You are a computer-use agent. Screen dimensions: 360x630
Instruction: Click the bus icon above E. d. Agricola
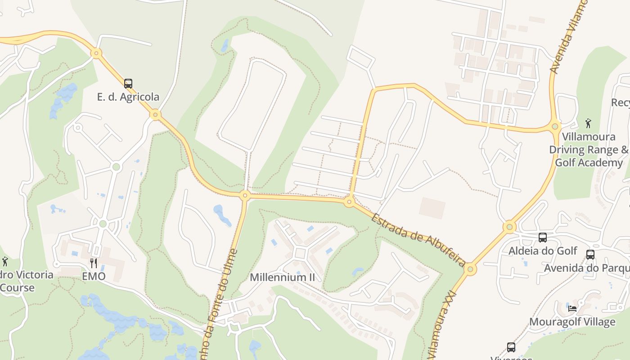128,83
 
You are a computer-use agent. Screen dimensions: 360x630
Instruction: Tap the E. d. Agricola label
128,97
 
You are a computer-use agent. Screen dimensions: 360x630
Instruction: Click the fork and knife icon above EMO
94,263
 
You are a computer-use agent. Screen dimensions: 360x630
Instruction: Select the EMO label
94,276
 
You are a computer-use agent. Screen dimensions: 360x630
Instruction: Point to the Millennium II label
283,277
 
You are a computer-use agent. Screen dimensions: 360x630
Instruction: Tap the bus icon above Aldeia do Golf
543,237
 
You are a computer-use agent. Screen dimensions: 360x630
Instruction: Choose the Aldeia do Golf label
543,251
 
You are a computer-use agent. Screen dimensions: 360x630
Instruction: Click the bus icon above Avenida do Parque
590,255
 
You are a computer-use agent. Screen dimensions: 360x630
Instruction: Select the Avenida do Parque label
587,268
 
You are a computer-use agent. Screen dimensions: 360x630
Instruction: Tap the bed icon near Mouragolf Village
572,308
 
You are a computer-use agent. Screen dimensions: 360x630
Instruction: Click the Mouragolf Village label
572,322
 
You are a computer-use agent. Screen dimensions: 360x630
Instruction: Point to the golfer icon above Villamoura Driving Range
588,123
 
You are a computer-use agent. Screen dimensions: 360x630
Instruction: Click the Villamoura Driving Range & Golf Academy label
589,149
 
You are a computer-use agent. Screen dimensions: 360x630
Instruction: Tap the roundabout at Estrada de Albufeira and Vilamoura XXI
470,270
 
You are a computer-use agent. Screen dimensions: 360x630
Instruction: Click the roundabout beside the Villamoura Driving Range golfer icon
555,126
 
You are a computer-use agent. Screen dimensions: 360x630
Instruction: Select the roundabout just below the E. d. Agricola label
155,115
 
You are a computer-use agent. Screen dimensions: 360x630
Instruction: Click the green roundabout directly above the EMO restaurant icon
103,224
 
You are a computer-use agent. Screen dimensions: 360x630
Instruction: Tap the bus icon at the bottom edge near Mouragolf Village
511,347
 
